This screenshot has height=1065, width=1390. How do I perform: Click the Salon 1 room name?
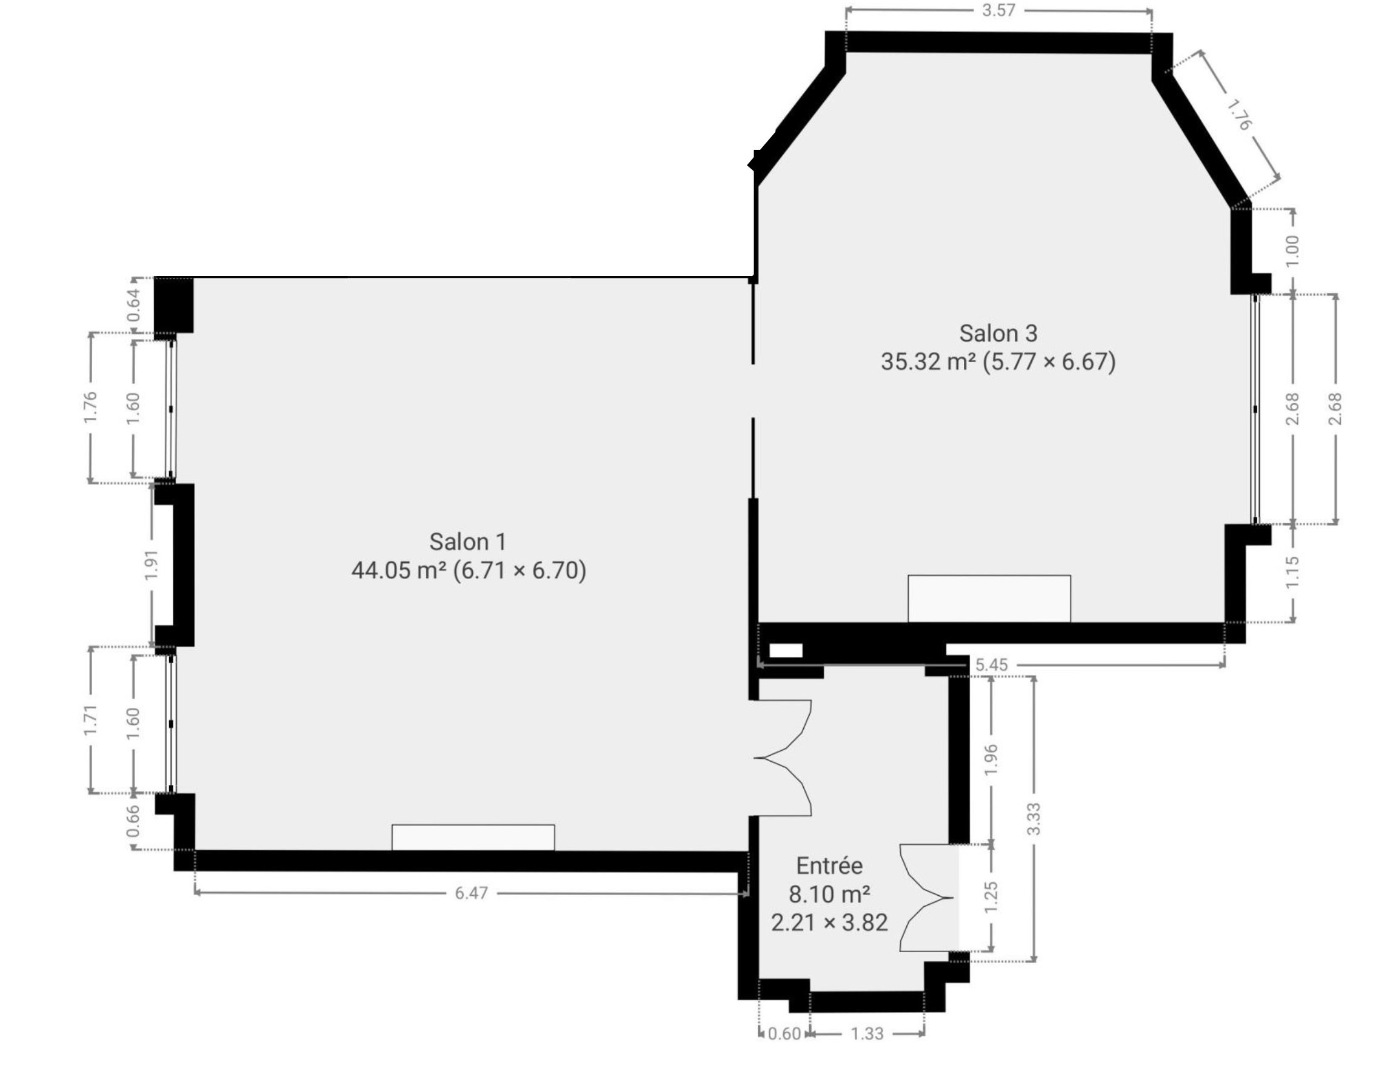coord(467,542)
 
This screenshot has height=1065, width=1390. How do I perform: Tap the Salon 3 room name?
coord(998,334)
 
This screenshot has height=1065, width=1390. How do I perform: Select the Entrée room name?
coord(829,865)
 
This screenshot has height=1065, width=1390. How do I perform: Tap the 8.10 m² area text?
coord(829,894)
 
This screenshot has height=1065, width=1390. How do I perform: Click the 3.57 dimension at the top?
coord(998,10)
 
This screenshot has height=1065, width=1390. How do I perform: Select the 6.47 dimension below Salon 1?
coord(472,893)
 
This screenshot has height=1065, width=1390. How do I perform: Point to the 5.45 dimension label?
coord(991,664)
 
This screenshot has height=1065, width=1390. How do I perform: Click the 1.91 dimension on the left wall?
coord(153,564)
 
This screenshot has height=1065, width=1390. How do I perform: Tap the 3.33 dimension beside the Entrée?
coord(1034,818)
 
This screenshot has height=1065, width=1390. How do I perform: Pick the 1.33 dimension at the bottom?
coord(866,1033)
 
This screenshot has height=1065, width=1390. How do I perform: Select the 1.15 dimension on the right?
coord(1293,571)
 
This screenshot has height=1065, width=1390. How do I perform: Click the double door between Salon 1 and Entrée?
coord(783,757)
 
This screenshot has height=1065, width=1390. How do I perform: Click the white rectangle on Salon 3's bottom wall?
coord(989,599)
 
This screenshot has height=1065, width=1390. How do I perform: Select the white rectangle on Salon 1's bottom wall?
coord(473,837)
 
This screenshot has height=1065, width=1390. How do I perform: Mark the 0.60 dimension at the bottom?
coord(784,1033)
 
